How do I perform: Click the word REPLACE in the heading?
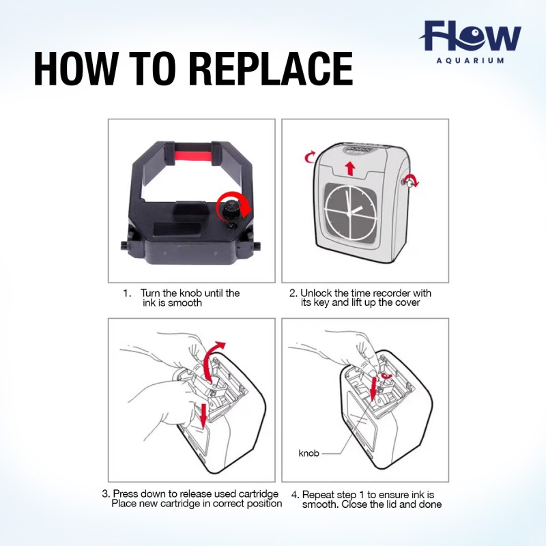272,69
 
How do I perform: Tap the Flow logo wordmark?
471,36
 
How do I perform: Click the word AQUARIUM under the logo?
470,60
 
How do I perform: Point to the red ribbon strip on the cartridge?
192,156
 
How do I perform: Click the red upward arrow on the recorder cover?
350,168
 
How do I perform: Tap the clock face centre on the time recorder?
349,214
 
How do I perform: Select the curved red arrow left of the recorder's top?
309,157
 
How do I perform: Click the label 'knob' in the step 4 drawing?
309,453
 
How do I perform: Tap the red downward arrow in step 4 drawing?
373,388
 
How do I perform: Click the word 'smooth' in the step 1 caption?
184,303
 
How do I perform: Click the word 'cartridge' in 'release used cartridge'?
259,493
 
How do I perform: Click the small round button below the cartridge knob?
231,227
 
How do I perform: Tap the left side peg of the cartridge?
124,245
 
